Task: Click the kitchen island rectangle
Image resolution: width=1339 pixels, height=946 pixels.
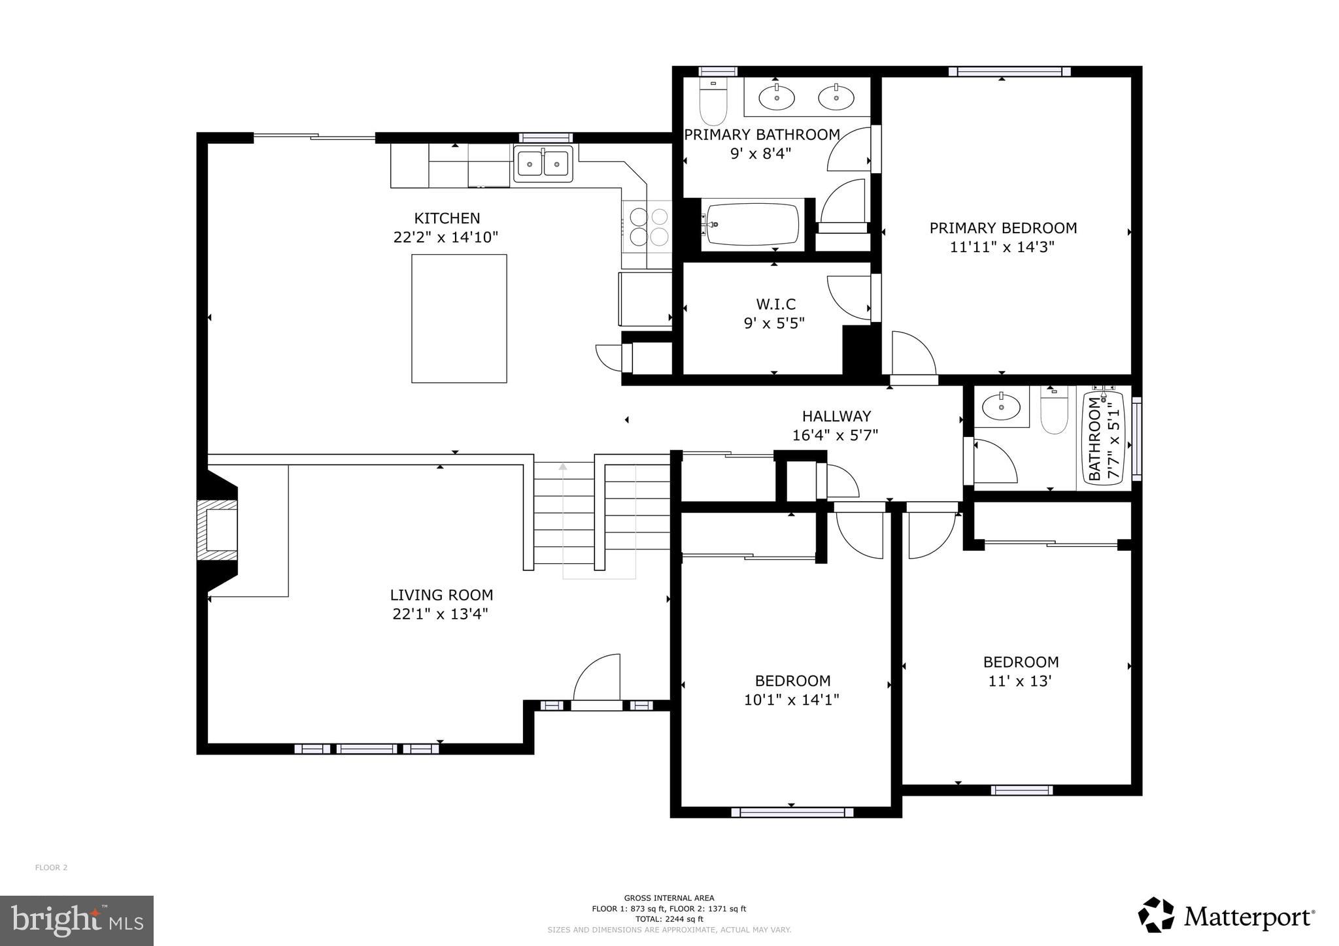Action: coord(459,318)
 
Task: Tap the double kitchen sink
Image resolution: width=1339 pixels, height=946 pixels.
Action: coord(543,163)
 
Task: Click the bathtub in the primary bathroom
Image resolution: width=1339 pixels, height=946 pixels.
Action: coord(752,225)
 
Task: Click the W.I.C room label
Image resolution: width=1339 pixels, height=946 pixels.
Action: coord(775,304)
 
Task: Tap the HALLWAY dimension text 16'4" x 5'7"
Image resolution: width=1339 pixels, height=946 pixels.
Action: coord(835,435)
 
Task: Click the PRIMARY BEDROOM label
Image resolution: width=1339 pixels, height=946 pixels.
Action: coord(1003,228)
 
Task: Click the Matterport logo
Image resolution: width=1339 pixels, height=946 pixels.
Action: coord(1226,916)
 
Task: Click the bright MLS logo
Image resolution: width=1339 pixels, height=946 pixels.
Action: coord(76,921)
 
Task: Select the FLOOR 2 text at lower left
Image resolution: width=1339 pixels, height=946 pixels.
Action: coord(51,868)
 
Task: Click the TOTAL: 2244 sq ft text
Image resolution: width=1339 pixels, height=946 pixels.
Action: coord(669,919)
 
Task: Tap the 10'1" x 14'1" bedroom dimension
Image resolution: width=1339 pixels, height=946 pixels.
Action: coord(791,700)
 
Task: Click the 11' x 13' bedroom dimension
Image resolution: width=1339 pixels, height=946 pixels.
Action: coord(1019,681)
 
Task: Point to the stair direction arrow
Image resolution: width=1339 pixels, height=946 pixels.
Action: coord(563,466)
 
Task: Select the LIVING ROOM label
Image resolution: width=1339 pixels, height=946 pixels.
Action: coord(441,595)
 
